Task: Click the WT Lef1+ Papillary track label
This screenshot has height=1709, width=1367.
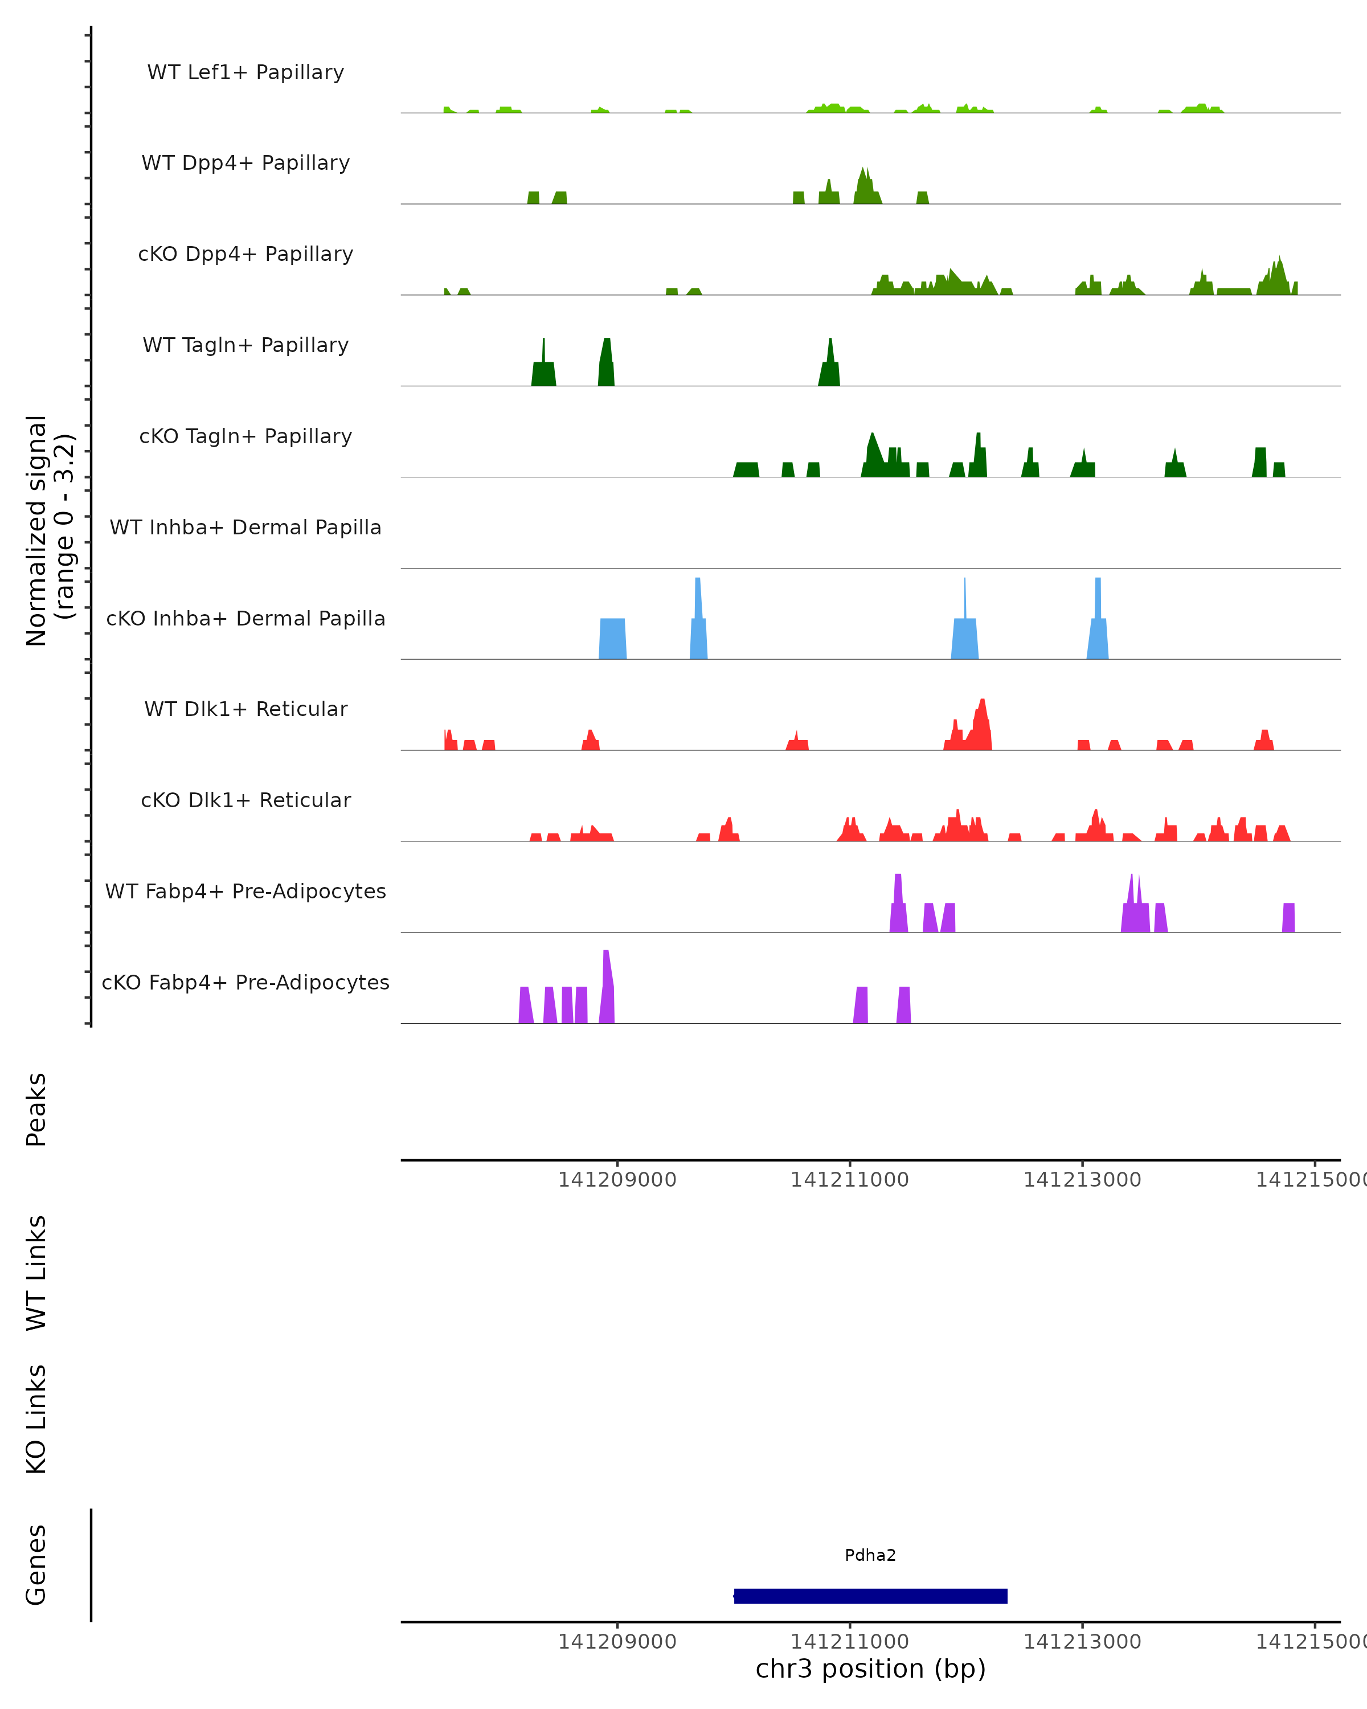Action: click(245, 72)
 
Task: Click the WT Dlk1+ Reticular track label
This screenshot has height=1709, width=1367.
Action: click(245, 709)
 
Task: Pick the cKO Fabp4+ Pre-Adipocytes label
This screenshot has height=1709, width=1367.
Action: click(245, 982)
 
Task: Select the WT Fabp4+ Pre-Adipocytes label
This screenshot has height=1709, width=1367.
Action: click(245, 891)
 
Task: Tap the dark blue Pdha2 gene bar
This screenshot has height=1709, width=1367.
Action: click(870, 1596)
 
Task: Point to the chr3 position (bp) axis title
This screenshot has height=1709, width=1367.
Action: click(870, 1669)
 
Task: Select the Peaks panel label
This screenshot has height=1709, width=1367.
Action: click(36, 1110)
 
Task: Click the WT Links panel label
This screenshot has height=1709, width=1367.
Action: click(36, 1273)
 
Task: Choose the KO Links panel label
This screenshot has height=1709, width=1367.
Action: click(36, 1420)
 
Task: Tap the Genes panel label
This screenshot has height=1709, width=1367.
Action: click(36, 1565)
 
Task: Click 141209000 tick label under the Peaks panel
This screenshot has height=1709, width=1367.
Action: click(617, 1180)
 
